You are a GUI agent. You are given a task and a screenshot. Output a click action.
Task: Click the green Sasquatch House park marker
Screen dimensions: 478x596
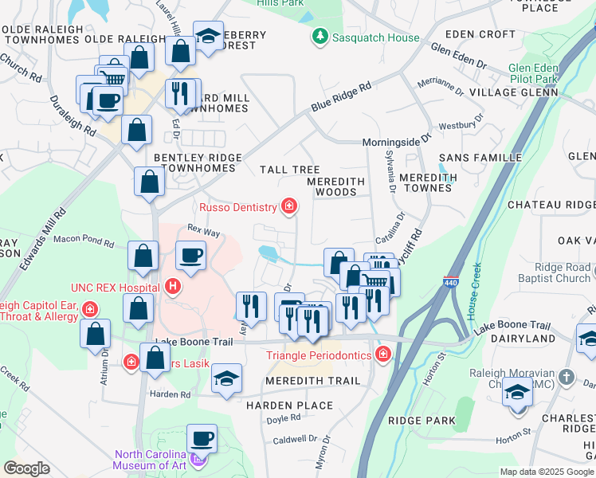coord(320,36)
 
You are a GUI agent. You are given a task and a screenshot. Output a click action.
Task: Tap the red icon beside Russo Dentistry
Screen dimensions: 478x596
coord(289,208)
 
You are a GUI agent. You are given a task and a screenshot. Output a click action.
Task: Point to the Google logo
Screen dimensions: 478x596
coord(26,468)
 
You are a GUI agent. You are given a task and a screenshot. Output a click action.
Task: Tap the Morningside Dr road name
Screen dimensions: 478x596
coord(396,139)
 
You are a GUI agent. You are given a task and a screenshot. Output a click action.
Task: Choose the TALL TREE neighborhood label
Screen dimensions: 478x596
coord(289,170)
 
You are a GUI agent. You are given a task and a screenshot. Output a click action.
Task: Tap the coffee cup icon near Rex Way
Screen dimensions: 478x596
coord(190,257)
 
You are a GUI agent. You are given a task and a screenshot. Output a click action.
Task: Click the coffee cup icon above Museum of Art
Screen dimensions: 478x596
coord(202,438)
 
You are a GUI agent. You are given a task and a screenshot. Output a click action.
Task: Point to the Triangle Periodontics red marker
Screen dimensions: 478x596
coord(383,353)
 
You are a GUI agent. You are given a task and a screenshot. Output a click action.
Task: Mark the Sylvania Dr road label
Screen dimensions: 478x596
coord(389,171)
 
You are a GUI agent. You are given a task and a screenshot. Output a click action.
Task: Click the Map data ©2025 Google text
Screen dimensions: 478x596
coord(546,472)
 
